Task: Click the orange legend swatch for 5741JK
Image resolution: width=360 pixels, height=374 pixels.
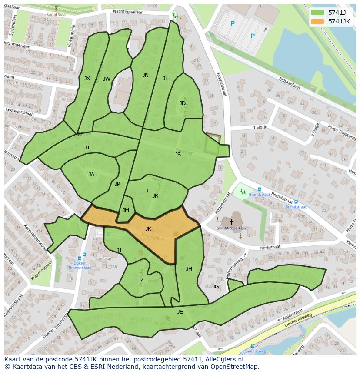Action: click(x=317, y=21)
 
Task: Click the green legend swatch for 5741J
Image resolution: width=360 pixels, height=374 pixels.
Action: click(x=317, y=13)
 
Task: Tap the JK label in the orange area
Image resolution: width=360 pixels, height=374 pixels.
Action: click(x=148, y=229)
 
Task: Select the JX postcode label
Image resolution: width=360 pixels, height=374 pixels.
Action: click(x=87, y=79)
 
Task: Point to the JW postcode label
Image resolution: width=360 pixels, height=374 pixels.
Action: click(x=107, y=79)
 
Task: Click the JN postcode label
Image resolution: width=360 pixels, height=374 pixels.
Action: click(x=146, y=75)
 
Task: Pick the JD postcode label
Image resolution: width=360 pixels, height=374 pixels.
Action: click(x=183, y=103)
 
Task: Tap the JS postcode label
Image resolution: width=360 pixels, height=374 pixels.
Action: click(x=178, y=155)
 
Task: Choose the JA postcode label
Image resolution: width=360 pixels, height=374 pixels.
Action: click(x=91, y=175)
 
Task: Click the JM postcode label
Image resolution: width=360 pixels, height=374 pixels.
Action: click(x=126, y=210)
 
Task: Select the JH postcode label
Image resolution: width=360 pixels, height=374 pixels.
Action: click(x=189, y=269)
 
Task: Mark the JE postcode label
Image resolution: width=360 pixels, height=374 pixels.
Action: click(x=180, y=312)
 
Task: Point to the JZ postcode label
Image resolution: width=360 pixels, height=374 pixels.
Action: click(x=141, y=280)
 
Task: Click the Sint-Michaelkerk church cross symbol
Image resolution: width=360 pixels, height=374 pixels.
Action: click(x=231, y=222)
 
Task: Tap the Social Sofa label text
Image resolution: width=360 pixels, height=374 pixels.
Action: click(x=56, y=14)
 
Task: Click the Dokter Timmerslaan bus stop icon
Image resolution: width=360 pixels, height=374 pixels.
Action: click(x=83, y=255)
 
